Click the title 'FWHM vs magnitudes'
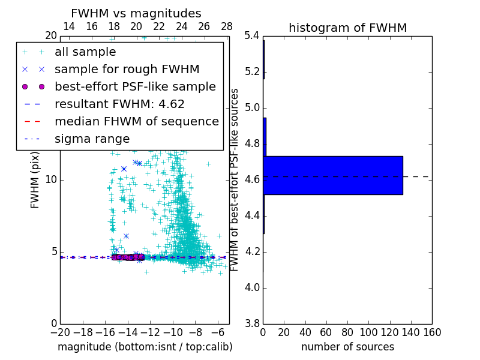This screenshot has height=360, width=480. coord(136,14)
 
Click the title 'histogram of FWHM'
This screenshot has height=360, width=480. coord(347,28)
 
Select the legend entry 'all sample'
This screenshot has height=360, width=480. coord(85,52)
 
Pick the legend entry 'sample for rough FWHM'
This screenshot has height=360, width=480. coord(127,70)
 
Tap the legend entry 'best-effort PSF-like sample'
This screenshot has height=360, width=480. coord(135,87)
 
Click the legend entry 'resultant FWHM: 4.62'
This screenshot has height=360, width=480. coord(119,104)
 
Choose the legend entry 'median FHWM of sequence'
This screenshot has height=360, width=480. coord(136,122)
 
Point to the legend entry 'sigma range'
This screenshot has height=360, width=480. coord(92,139)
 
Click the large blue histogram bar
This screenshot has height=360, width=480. coord(333,175)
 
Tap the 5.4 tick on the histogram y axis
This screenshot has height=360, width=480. coord(252,36)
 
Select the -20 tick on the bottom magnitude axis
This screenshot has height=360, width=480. coord(60,332)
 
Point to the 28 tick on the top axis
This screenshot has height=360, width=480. coord(227,26)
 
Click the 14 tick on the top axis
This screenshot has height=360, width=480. coord(69,26)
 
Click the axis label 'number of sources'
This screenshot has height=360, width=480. coord(347,347)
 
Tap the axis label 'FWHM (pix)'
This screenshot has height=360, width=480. coord(35,180)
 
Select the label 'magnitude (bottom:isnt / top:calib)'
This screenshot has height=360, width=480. coord(145,347)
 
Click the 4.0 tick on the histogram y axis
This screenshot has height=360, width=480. coord(252,287)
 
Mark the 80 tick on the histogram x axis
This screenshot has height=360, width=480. coord(347,332)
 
